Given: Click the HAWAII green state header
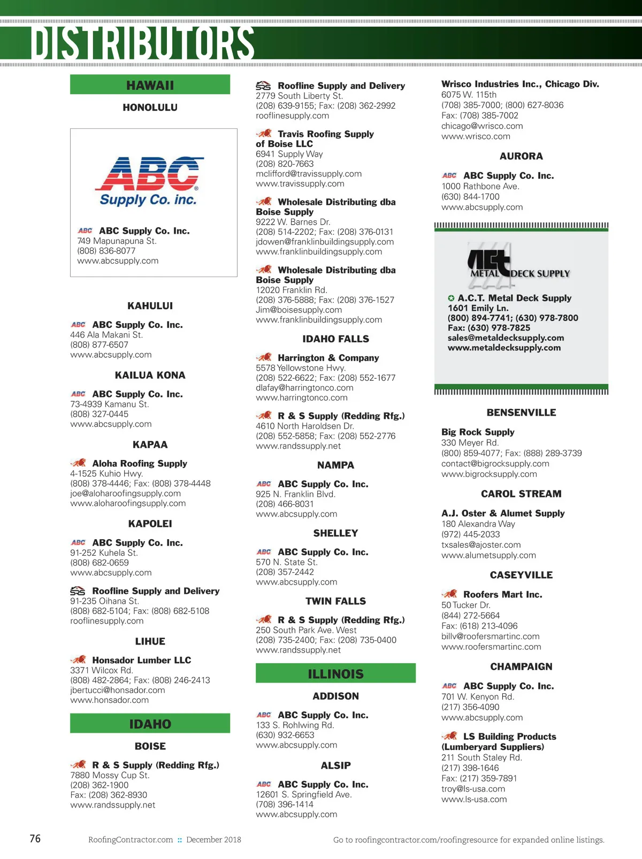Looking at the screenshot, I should coord(150,85).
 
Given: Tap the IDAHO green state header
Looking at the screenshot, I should coord(150,724).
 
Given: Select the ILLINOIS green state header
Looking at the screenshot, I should coord(335,673).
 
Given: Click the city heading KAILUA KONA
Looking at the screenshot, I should coord(150,375).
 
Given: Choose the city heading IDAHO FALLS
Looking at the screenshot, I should coord(335,339).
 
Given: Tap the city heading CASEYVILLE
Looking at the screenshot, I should coord(521,575).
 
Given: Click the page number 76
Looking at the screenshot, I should coord(35,838).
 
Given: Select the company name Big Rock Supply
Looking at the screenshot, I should coord(478,432).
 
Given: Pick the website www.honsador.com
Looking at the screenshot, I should coord(109,700).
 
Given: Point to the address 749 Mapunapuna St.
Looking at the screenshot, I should coord(117,241).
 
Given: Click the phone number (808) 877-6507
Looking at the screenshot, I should coord(99,344).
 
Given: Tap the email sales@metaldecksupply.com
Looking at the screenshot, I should coord(506,338).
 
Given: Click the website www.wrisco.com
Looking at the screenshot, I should coord(476,136).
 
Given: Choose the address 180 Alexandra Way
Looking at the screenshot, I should coord(478,524).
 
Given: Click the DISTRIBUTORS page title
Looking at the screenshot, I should coord(142,43).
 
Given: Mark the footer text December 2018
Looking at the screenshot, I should coord(213,839).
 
